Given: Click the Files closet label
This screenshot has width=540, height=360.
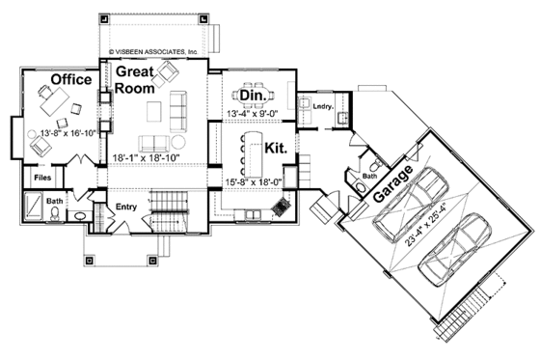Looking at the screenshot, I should (x=43, y=179).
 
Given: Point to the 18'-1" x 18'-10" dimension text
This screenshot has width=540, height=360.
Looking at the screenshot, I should (x=153, y=155).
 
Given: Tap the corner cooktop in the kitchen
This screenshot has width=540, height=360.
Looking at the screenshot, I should (x=282, y=207).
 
